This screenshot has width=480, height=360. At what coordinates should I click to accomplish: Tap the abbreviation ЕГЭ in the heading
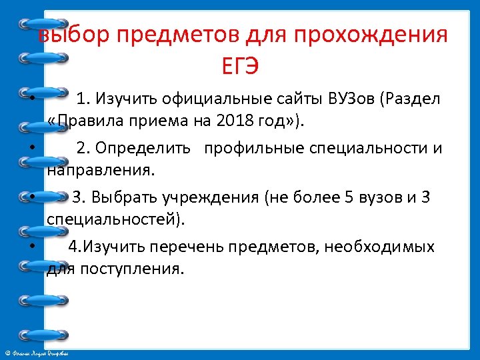(x=240, y=66)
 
